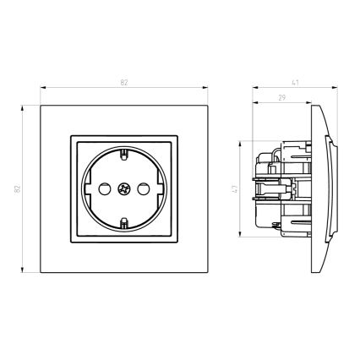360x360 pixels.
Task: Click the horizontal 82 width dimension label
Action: [124, 83]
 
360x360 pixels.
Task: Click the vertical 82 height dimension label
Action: [18, 188]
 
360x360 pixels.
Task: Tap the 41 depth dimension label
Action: [295, 83]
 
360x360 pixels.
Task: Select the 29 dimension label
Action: [282, 98]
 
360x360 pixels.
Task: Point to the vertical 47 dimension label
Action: [234, 188]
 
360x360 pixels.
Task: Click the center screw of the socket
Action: [123, 189]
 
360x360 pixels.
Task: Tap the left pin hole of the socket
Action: [104, 189]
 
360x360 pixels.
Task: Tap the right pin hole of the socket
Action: [143, 189]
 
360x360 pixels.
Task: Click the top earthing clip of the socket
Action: [123, 154]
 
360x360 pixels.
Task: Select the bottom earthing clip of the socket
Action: [123, 223]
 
